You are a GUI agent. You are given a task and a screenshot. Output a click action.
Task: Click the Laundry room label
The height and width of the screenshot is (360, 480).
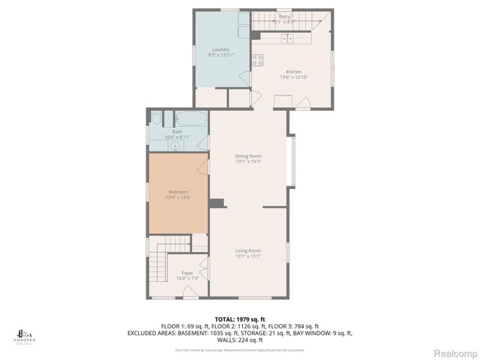tap(221, 49)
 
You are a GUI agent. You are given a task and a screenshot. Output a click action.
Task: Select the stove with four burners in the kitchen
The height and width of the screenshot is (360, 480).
tap(258, 60)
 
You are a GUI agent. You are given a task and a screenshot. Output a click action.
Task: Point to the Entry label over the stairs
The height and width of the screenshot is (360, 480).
tap(284, 16)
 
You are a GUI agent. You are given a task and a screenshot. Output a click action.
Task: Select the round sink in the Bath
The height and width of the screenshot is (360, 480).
tap(175, 147)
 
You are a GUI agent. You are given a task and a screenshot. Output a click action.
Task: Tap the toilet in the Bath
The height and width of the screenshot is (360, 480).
tap(157, 118)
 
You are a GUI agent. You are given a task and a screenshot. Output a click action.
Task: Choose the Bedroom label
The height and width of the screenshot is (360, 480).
tap(177, 193)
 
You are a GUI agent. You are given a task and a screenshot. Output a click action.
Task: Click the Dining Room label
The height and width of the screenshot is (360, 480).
tap(247, 155)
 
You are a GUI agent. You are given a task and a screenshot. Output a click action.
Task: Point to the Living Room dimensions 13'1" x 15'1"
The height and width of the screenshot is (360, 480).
tap(247, 256)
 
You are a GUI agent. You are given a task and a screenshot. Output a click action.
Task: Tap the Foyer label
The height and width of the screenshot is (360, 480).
tap(187, 273)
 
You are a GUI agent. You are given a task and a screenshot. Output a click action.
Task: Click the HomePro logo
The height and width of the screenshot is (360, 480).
tap(25, 335)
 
